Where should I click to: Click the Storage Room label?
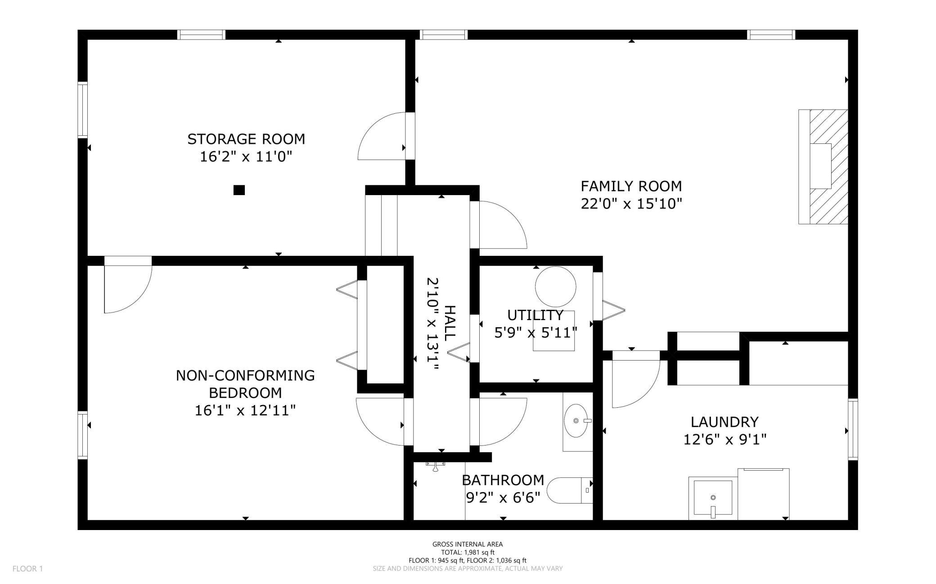coord(246,139)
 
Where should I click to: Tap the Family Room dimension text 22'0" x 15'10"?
coord(631,204)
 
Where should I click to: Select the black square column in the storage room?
coord(239,190)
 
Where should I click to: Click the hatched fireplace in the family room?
coord(823,166)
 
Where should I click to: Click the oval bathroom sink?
coord(576,421)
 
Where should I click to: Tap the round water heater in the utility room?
coord(556,286)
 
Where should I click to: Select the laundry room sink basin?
coord(713,498)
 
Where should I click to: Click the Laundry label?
coord(724,422)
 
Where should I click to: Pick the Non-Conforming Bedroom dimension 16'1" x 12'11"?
coord(245,410)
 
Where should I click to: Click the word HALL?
coord(450,322)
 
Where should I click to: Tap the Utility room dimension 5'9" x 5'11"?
coord(535,333)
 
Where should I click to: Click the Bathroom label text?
coord(503,480)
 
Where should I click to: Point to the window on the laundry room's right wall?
coord(853,429)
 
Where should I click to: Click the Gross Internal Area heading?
coord(468,544)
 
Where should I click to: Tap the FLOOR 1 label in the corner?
coord(27,569)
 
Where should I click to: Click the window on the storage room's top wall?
coord(201,35)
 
